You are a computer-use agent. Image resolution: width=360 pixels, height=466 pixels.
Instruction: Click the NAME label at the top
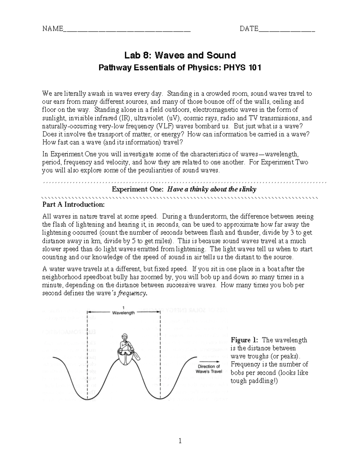pos(52,29)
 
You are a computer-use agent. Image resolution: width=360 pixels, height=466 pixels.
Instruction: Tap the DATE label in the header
pos(249,29)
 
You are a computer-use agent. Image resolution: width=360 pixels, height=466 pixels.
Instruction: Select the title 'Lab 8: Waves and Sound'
pos(180,55)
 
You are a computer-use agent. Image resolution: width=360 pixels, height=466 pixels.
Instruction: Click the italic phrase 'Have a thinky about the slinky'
pos(211,189)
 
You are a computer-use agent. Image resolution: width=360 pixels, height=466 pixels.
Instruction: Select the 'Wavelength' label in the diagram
pos(123,313)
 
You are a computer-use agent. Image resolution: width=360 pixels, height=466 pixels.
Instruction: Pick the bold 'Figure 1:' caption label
pos(244,340)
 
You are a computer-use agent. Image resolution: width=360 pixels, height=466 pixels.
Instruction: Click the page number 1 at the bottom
pos(180,441)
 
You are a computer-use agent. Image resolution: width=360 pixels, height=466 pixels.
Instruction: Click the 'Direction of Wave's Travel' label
pos(209,369)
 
